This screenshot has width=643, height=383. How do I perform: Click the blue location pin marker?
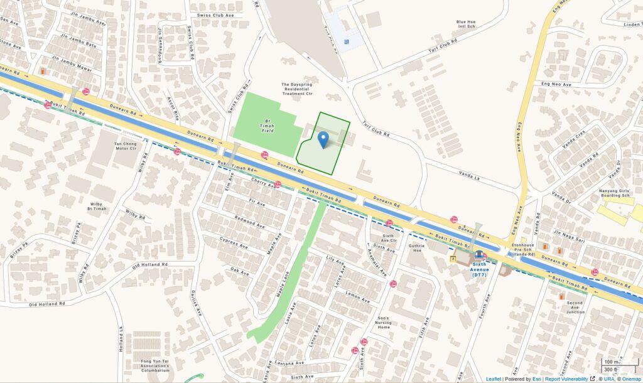323,139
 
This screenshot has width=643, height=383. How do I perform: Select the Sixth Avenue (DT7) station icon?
480,256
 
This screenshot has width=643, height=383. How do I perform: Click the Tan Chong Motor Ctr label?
125,146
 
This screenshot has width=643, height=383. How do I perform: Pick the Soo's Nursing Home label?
384,323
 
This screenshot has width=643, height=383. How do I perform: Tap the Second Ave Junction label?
575,308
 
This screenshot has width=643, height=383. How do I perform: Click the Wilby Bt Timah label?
96,207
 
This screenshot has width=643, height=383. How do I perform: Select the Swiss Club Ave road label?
215,14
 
